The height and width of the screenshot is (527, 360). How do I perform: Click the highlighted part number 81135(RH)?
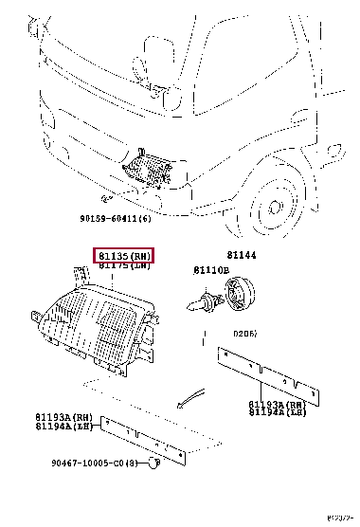click(122, 256)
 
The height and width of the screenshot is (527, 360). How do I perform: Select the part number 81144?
click(241, 255)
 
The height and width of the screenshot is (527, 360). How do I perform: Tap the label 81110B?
click(212, 270)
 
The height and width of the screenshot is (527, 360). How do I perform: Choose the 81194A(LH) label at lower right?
click(279, 412)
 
